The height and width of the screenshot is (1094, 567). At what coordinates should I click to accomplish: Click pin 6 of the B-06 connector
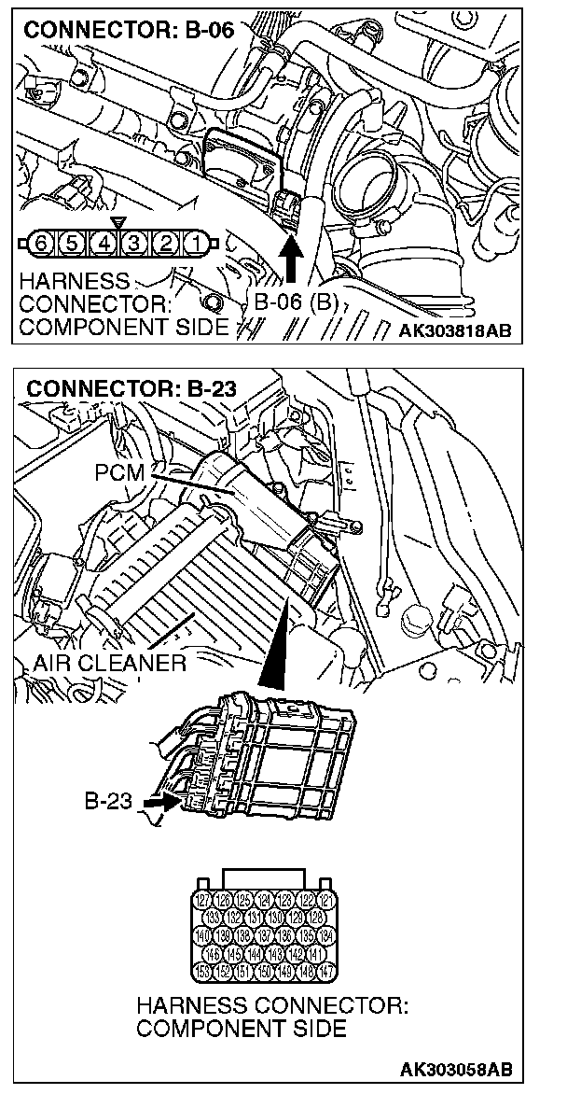(x=40, y=245)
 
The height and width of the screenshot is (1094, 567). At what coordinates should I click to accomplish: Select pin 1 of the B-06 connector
(x=196, y=245)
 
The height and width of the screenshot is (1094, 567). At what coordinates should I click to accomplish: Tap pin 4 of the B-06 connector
(x=104, y=245)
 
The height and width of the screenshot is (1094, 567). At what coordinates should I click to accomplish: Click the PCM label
(x=119, y=472)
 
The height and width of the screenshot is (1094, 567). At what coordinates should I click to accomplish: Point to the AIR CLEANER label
(x=108, y=664)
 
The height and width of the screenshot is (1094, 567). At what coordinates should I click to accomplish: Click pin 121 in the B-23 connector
(x=325, y=901)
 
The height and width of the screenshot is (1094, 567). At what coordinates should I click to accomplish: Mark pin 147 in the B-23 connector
(x=325, y=971)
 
